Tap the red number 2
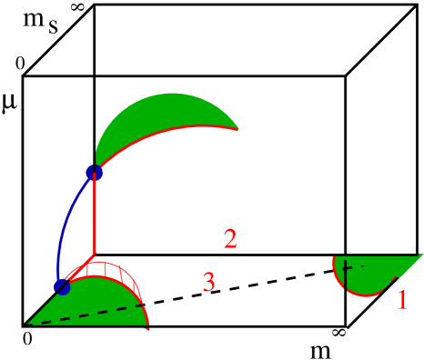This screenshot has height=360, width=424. (x=230, y=239)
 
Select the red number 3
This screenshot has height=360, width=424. (x=208, y=283)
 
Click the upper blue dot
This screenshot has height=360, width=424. (x=94, y=172)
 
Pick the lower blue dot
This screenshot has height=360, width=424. (x=62, y=287)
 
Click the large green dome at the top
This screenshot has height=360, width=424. (x=155, y=123)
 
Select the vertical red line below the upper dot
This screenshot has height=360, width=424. (x=95, y=214)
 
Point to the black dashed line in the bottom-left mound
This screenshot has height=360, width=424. (x=91, y=315)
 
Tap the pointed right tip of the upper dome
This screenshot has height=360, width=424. (x=238, y=129)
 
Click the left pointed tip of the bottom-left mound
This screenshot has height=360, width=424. (x=31, y=323)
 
